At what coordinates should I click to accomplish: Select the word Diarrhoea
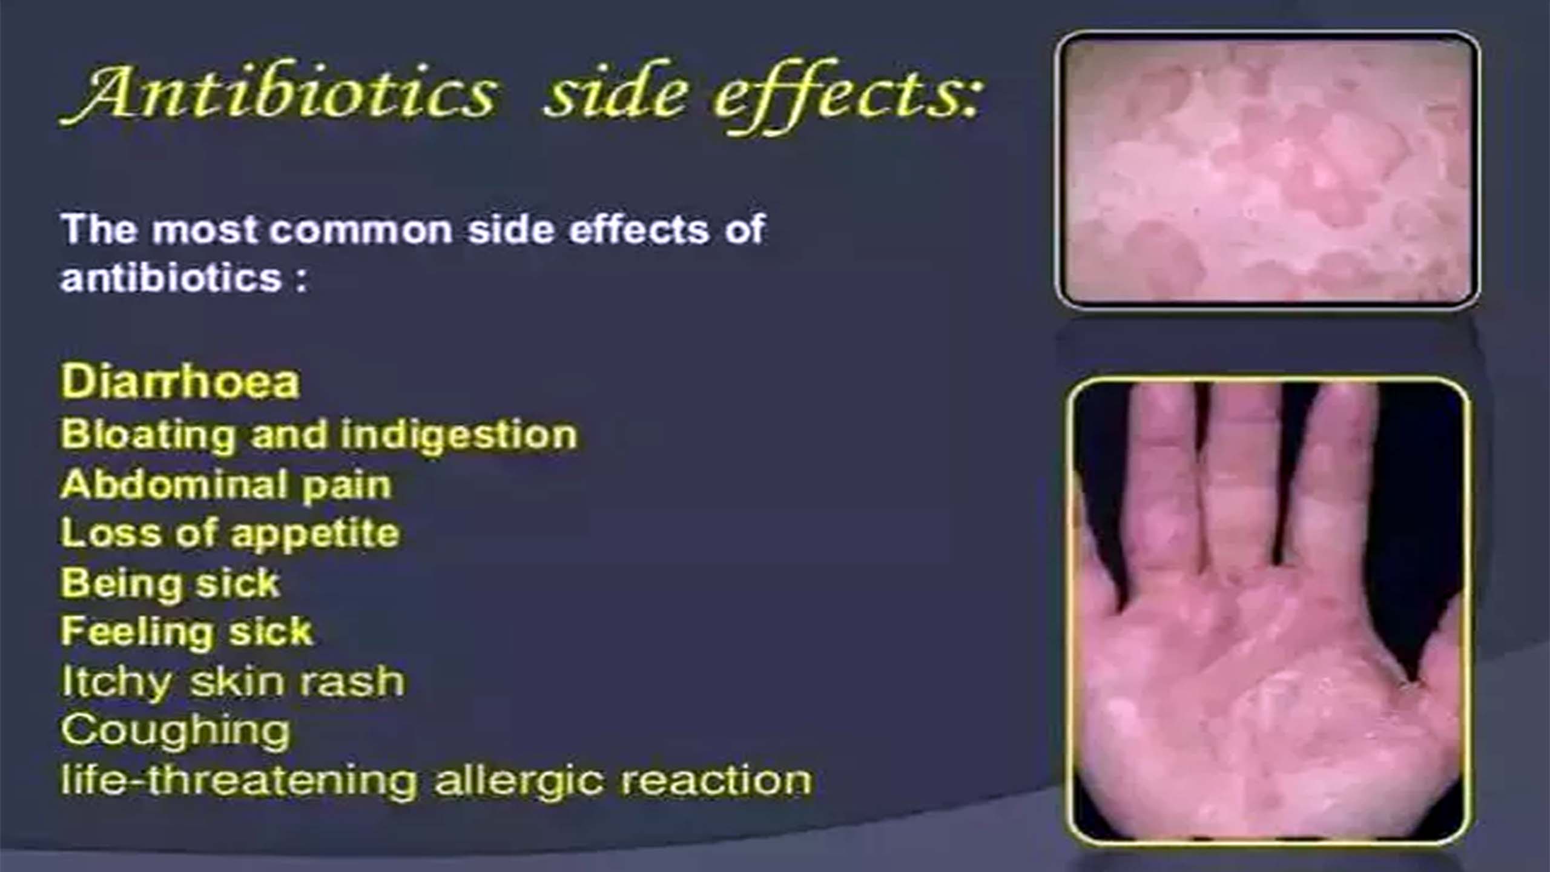point(180,381)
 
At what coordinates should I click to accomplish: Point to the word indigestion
point(459,435)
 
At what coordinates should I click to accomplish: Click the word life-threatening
point(239,779)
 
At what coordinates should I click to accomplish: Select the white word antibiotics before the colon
point(171,278)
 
